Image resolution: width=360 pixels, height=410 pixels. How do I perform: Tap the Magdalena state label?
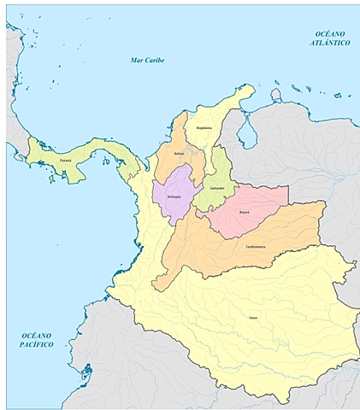coord(204,127)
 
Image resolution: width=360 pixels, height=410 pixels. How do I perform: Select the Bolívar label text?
coord(179,154)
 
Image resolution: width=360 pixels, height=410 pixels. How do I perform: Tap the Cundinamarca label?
coord(256,246)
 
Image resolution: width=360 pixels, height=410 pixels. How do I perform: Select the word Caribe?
coord(155,60)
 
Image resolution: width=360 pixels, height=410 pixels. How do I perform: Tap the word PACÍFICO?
coord(37,344)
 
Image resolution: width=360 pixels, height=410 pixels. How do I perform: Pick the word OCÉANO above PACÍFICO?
coord(37,335)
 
